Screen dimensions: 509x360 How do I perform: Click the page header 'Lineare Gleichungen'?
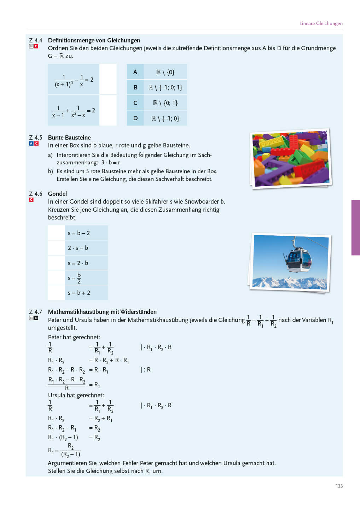(321, 23)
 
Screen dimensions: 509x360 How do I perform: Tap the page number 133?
(339, 486)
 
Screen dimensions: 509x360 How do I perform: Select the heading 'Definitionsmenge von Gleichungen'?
(94, 40)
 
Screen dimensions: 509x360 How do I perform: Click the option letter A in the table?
(135, 72)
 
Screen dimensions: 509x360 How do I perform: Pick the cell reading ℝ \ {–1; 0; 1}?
(165, 87)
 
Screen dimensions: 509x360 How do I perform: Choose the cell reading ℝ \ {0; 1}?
(165, 103)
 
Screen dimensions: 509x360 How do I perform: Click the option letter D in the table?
(135, 118)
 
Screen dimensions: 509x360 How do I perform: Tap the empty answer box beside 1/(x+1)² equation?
(108, 79)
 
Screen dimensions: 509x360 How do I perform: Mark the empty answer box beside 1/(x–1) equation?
(108, 110)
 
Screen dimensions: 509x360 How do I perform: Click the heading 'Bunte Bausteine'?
(69, 138)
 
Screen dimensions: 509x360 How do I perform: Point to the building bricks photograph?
(291, 158)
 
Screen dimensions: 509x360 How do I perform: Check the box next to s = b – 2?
(56, 233)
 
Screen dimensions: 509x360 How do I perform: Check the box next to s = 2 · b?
(56, 263)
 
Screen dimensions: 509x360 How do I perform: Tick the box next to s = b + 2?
(56, 293)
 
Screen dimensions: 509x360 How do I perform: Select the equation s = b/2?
(75, 278)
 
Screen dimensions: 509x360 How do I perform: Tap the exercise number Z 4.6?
(35, 194)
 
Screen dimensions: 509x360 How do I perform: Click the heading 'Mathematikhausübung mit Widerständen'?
(102, 312)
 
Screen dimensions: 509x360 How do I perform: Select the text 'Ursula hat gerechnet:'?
(76, 395)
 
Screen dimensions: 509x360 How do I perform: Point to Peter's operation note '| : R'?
(146, 370)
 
